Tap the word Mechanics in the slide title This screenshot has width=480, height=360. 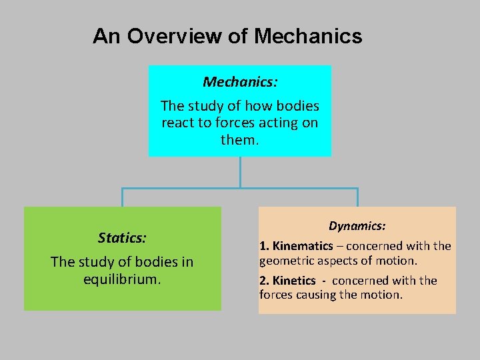[x=308, y=36]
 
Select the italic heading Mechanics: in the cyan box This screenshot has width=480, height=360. [x=240, y=82]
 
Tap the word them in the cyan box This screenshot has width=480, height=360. [x=238, y=140]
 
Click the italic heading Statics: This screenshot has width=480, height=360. [x=122, y=238]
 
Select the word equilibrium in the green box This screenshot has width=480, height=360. [x=121, y=279]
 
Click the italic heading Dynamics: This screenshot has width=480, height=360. [x=357, y=227]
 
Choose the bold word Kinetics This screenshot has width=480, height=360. [x=293, y=281]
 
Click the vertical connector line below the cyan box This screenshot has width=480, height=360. [x=240, y=172]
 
